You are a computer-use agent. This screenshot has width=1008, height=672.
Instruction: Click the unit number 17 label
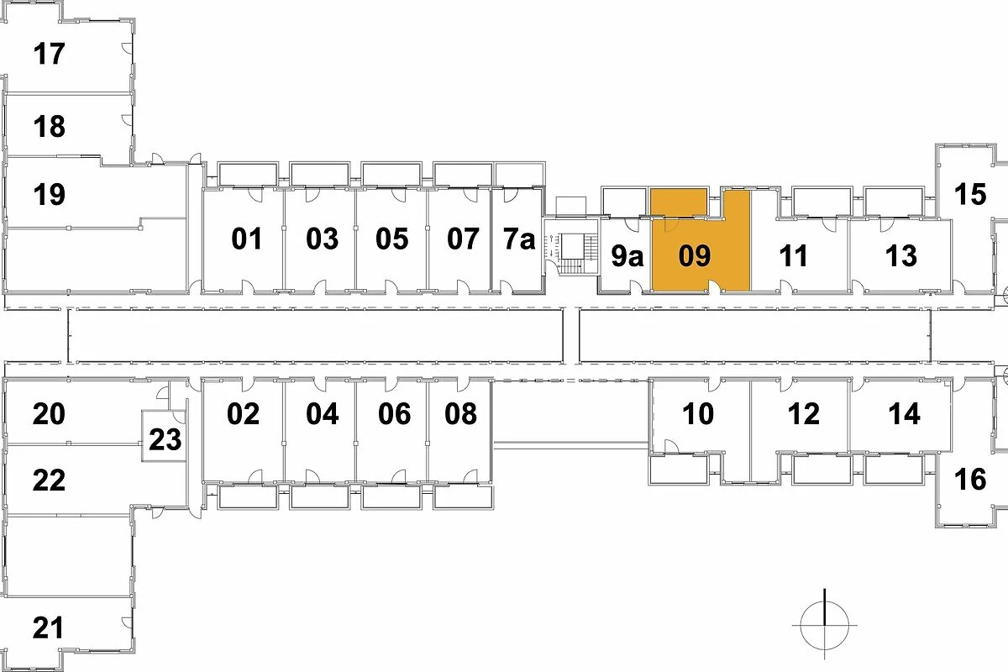point(49,54)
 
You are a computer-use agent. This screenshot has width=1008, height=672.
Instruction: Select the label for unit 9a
point(627,255)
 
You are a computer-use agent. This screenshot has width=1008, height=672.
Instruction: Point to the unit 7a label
point(519,239)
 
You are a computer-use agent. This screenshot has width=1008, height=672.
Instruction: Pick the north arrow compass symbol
point(824,625)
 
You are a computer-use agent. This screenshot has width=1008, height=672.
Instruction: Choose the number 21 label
point(48,627)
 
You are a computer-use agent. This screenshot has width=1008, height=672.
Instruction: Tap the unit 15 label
point(970,194)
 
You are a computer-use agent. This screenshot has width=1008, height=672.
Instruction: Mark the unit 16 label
point(970,480)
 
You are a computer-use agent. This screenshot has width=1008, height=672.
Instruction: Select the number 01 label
point(247,239)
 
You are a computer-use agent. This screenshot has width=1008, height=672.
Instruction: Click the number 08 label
point(461,413)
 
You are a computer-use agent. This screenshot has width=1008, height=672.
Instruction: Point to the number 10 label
point(698,413)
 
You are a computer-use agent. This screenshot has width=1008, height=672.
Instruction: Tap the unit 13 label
point(900,255)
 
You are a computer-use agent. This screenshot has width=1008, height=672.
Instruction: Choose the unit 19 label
point(49,194)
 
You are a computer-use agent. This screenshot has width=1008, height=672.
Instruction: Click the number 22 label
point(49,480)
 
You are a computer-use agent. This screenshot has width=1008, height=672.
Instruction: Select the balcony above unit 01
point(248,175)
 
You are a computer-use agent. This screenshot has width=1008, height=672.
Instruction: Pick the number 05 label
point(392,239)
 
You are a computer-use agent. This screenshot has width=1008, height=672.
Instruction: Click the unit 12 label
point(804,413)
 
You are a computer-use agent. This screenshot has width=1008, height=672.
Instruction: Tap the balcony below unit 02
point(248,497)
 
